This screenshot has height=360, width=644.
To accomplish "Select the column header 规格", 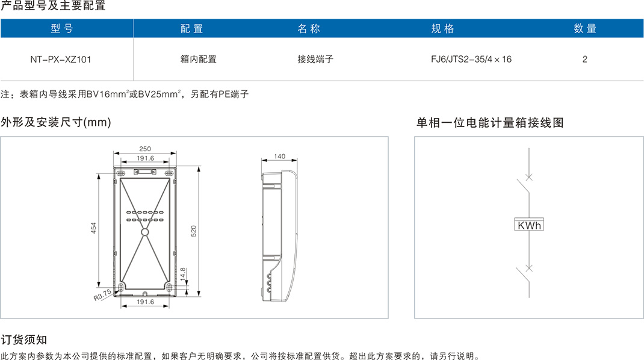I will click(x=442, y=28).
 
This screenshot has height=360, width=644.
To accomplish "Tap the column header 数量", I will click(x=584, y=28).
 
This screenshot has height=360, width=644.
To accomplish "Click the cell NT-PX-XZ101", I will click(x=61, y=60).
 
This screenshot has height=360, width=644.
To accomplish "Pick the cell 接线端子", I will click(x=315, y=60).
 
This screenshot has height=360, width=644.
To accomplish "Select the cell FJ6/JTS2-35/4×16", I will click(x=471, y=60).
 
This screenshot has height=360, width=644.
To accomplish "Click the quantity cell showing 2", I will click(x=585, y=60).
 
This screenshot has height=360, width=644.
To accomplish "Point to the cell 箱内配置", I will click(x=198, y=60).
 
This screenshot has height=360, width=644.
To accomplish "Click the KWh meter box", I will click(x=528, y=225).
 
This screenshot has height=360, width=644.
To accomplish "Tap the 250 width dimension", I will click(x=145, y=149).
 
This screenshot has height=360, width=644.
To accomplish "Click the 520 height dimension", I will click(x=194, y=231).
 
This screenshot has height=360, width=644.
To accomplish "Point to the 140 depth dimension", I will click(x=279, y=157).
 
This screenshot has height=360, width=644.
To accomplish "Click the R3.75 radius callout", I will click(x=102, y=294).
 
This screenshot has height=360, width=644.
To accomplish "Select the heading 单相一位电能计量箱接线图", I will click(x=490, y=123).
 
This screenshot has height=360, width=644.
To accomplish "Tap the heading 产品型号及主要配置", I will click(x=53, y=7).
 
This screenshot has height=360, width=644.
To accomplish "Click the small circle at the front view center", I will click(x=144, y=231).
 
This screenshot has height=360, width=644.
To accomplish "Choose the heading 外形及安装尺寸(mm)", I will click(x=56, y=123).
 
